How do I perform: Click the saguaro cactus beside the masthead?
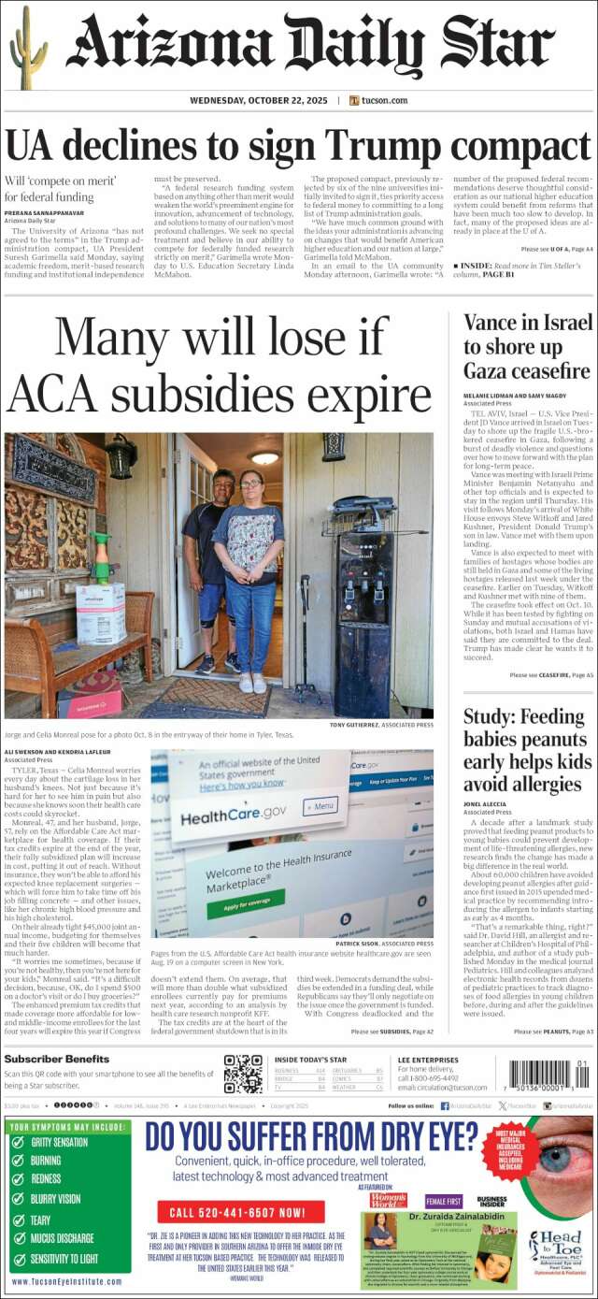[x=28, y=49]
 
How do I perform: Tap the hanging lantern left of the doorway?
[x=121, y=455]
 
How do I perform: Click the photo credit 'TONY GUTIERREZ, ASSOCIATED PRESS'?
[x=381, y=725]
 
